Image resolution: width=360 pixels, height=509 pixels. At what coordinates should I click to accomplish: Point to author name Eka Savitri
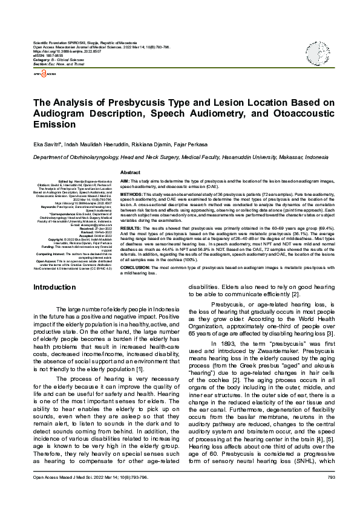coord(47,145)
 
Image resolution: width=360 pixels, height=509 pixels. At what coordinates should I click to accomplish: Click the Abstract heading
coord(131,172)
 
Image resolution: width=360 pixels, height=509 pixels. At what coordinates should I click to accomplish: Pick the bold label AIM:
coord(125,181)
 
